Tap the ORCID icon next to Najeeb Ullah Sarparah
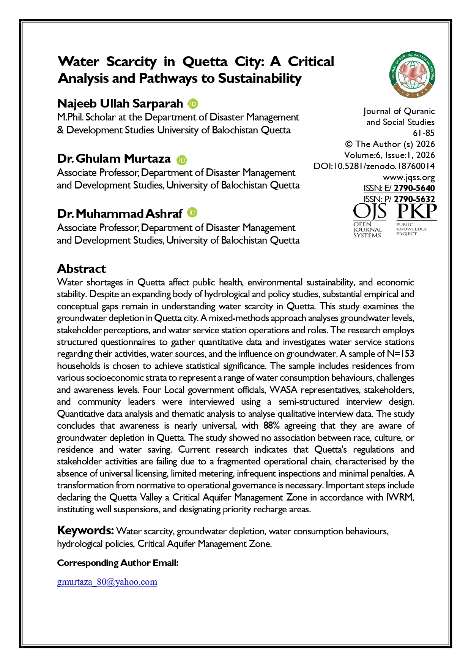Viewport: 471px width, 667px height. pyautogui.click(x=193, y=103)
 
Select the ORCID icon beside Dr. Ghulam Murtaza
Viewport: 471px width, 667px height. pyautogui.click(x=182, y=160)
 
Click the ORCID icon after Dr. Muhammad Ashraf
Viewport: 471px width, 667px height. pyautogui.click(x=192, y=213)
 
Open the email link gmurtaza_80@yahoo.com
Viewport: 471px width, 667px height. pyautogui.click(x=107, y=582)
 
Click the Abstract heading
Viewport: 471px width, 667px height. pyautogui.click(x=82, y=269)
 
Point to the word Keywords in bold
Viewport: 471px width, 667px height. pyautogui.click(x=85, y=531)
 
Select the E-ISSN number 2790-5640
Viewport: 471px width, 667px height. pyautogui.click(x=414, y=188)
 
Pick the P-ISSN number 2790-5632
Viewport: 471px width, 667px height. pyautogui.click(x=414, y=199)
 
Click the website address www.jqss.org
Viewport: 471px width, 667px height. pyautogui.click(x=409, y=177)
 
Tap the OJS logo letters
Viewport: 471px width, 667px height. pyautogui.click(x=370, y=212)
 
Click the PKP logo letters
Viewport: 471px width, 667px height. pyautogui.click(x=416, y=212)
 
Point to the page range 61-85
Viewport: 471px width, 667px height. pyautogui.click(x=424, y=133)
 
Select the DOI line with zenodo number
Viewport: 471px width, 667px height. pyautogui.click(x=374, y=166)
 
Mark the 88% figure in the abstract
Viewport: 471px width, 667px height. pyautogui.click(x=271, y=426)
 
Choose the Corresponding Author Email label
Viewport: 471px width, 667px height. pyautogui.click(x=118, y=563)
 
